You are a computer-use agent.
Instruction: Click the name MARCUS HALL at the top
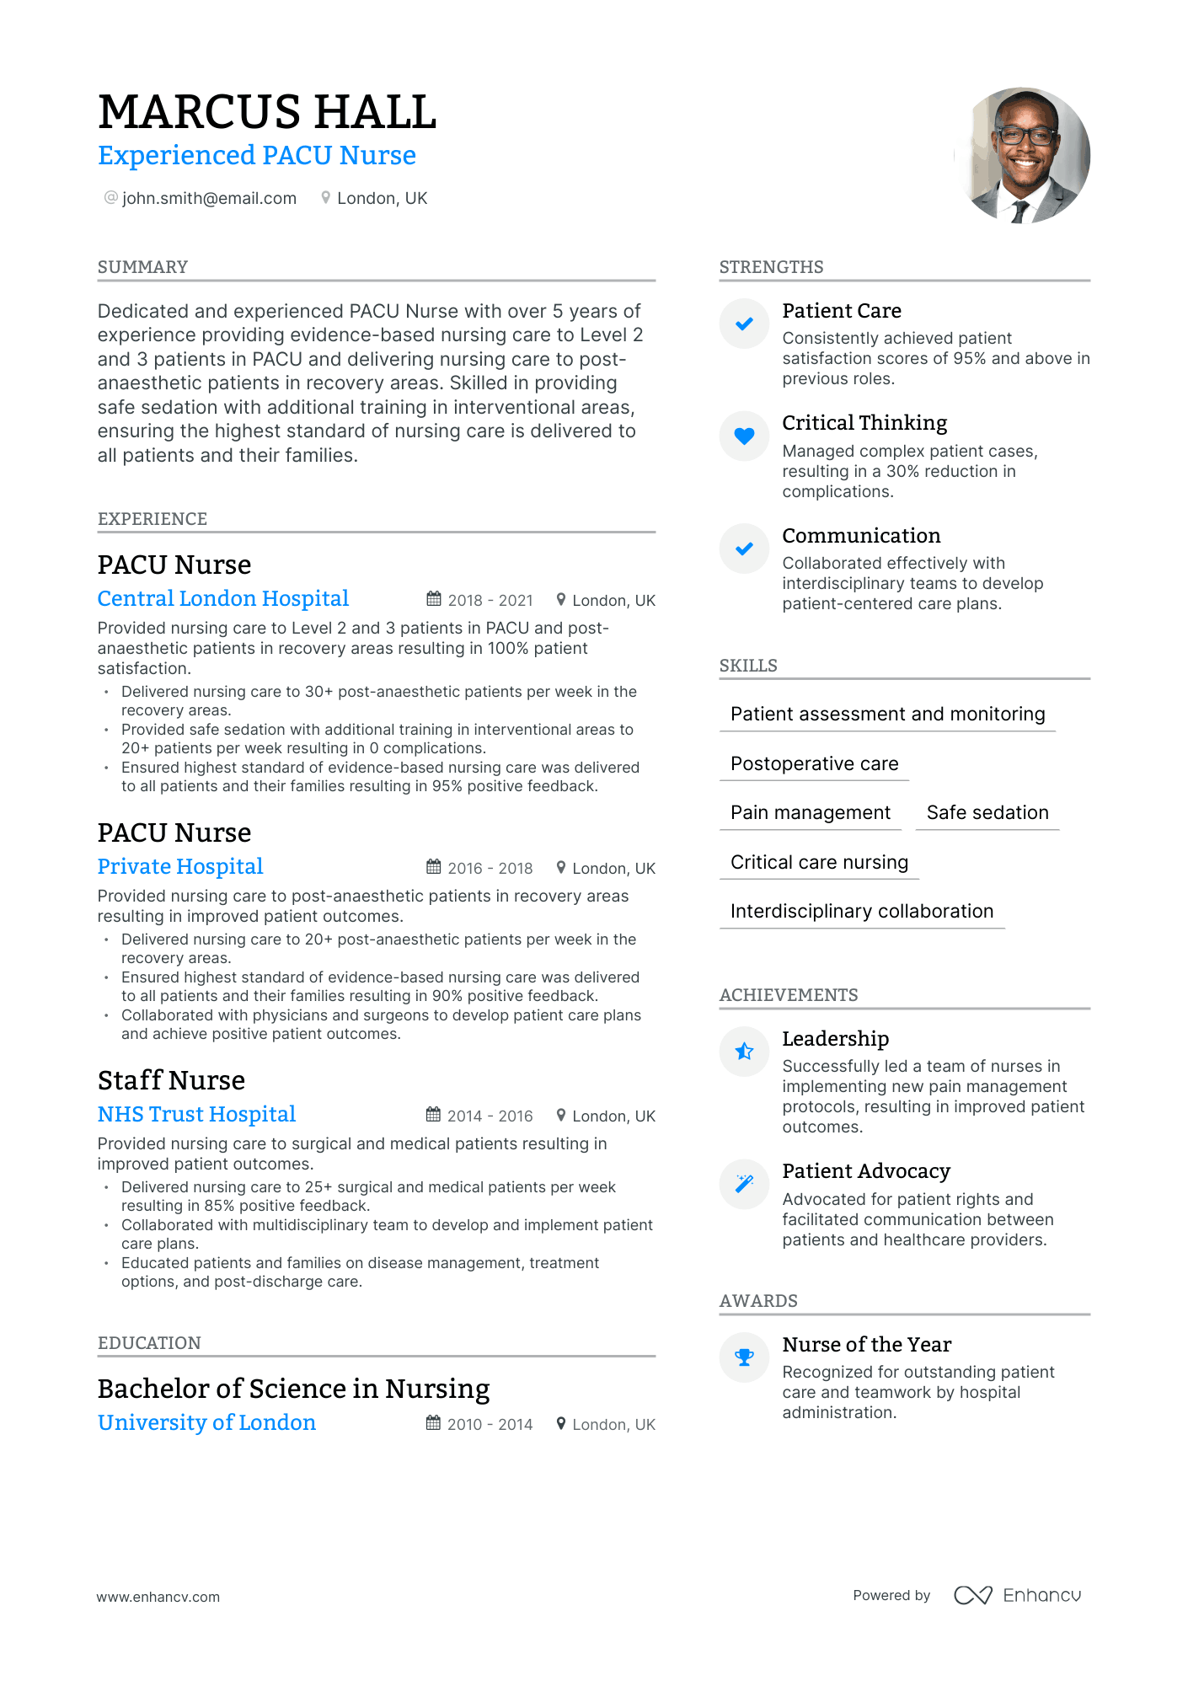pyautogui.click(x=267, y=112)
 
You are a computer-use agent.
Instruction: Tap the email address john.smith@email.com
pyautogui.click(x=209, y=198)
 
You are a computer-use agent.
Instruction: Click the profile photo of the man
pyautogui.click(x=1023, y=156)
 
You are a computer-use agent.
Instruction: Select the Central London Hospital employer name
pyautogui.click(x=223, y=598)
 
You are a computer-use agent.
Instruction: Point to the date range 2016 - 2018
pyautogui.click(x=490, y=868)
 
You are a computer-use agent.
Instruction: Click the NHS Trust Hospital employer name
pyautogui.click(x=196, y=1114)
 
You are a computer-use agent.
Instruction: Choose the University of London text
pyautogui.click(x=206, y=1422)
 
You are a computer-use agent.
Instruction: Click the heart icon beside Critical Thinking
pyautogui.click(x=744, y=436)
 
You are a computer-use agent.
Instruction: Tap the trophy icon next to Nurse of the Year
pyautogui.click(x=744, y=1357)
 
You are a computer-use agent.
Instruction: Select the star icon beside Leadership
pyautogui.click(x=744, y=1052)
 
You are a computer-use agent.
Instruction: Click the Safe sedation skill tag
pyautogui.click(x=987, y=812)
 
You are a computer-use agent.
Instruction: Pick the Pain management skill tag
pyautogui.click(x=810, y=812)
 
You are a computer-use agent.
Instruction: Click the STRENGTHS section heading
pyautogui.click(x=771, y=267)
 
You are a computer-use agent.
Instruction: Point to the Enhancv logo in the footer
pyautogui.click(x=1017, y=1595)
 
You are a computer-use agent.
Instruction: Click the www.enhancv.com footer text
pyautogui.click(x=158, y=1597)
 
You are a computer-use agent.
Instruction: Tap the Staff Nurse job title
pyautogui.click(x=171, y=1080)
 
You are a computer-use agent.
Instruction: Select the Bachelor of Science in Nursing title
pyautogui.click(x=293, y=1389)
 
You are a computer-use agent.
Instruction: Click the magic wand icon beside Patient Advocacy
pyautogui.click(x=744, y=1184)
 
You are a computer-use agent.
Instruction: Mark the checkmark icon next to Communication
pyautogui.click(x=744, y=549)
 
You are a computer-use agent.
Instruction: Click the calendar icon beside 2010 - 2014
pyautogui.click(x=433, y=1423)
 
